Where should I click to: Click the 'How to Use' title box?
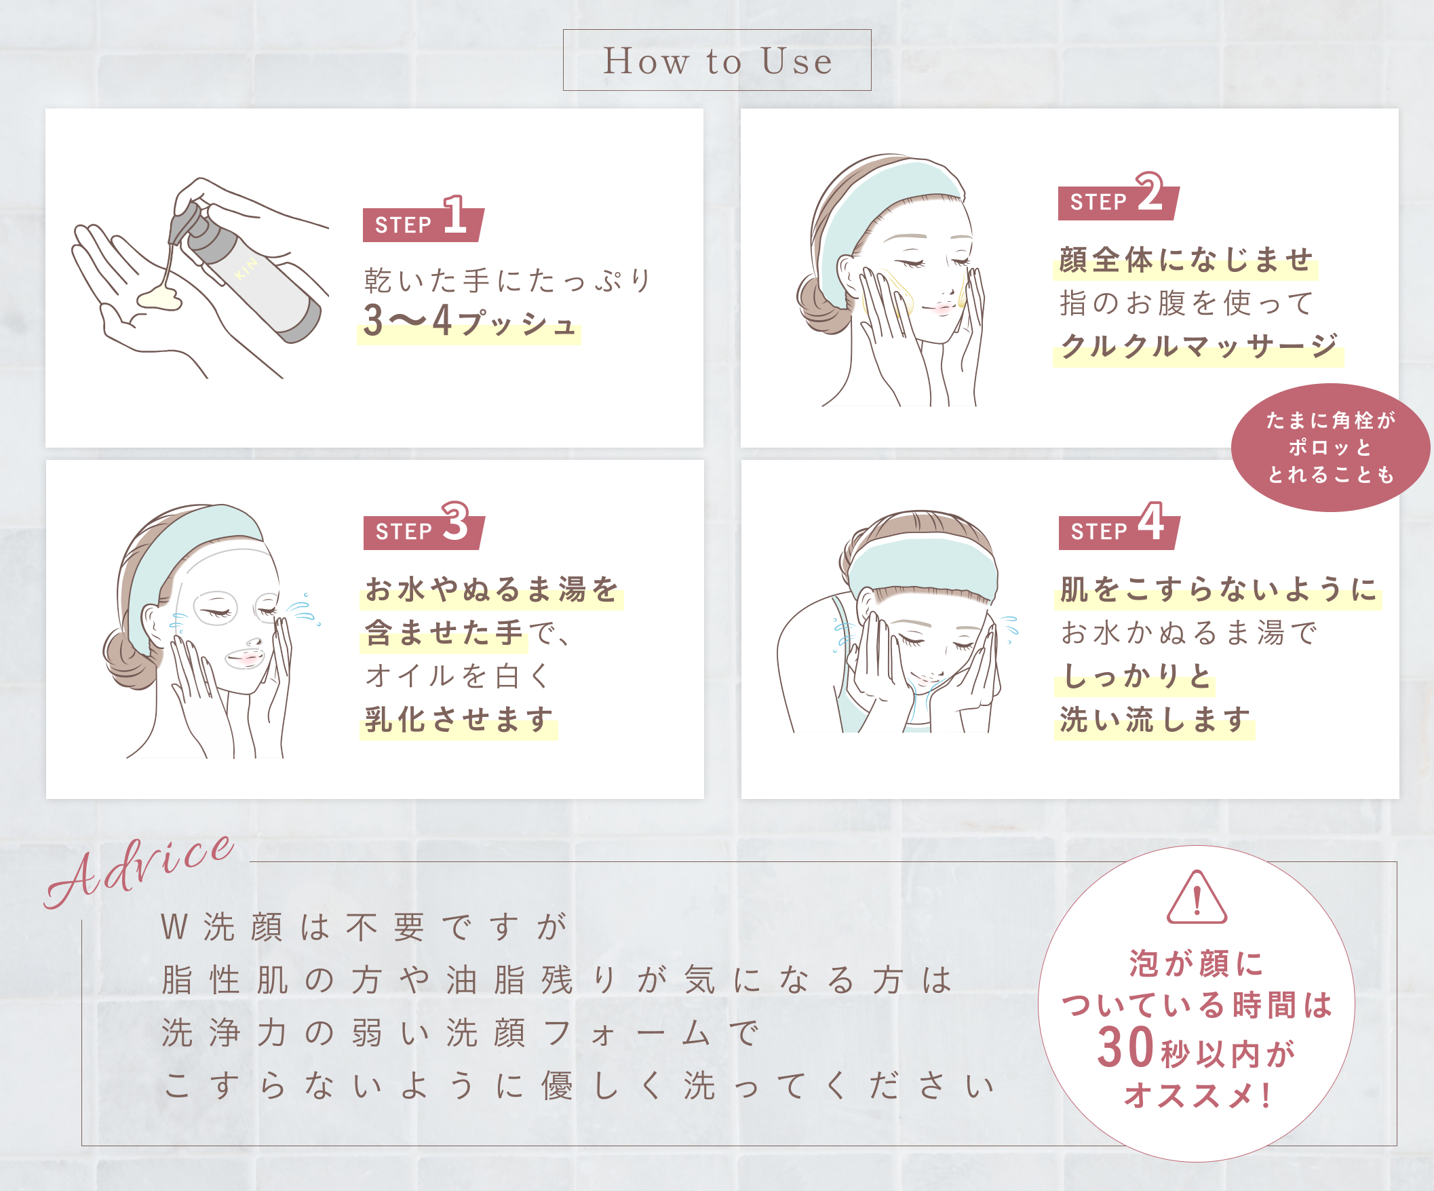point(717,60)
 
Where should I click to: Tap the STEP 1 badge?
point(423,219)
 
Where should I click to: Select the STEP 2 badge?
point(1119,197)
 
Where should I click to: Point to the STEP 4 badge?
point(1119,526)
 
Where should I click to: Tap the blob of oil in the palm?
point(159,298)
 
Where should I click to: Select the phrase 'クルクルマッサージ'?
point(1199,346)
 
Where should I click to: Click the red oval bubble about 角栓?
point(1330,448)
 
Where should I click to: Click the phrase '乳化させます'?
point(459,720)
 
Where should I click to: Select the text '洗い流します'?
point(1155,720)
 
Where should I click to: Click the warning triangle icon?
point(1197,897)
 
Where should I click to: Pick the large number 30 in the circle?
point(1125,1048)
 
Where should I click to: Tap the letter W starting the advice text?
point(174,927)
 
